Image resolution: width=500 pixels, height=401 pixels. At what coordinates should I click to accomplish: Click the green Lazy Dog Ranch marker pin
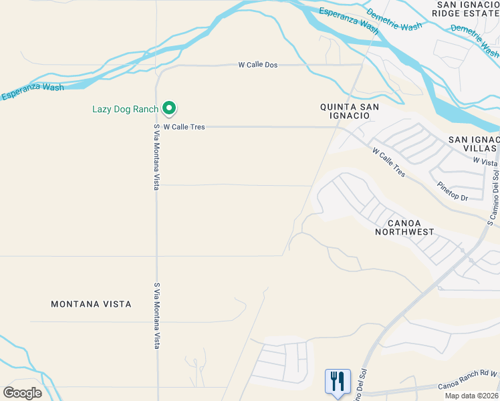coord(169,108)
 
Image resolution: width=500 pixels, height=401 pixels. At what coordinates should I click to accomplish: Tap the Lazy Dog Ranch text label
coord(125,109)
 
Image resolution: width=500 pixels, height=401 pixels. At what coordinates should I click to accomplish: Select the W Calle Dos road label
coord(257,65)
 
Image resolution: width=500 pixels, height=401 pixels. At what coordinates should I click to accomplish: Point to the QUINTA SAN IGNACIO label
coord(350,111)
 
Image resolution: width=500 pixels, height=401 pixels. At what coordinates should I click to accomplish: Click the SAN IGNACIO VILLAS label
coord(473,144)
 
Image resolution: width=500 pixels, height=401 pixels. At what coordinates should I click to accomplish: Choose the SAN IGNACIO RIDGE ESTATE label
coord(467,9)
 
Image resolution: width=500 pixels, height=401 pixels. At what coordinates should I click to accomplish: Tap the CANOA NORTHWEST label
coord(404,227)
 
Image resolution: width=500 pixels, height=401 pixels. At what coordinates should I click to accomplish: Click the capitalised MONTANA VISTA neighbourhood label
coord(91,304)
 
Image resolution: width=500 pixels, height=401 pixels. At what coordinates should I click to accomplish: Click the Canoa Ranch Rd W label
coord(468,386)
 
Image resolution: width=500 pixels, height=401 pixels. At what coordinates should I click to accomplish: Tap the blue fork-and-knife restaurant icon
coord(338,382)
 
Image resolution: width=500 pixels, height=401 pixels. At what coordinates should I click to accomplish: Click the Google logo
coord(22,393)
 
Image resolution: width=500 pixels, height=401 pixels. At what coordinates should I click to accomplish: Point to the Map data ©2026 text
coord(471,396)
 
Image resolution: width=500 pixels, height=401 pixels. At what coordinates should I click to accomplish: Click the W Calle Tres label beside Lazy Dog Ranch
coord(184,126)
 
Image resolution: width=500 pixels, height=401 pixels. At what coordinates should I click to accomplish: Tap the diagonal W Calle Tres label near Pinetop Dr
coord(388,162)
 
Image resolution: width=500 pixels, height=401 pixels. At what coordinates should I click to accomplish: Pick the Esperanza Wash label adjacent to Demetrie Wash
coord(348,21)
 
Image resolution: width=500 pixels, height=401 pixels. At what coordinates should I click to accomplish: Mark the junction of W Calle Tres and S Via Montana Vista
coord(156,126)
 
